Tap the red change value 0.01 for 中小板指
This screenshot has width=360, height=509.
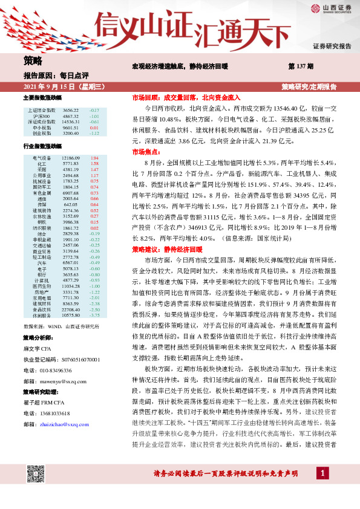[x=94, y=128]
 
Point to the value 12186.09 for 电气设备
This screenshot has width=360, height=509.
[x=71, y=158]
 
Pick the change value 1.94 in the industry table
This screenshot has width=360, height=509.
[x=94, y=158]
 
